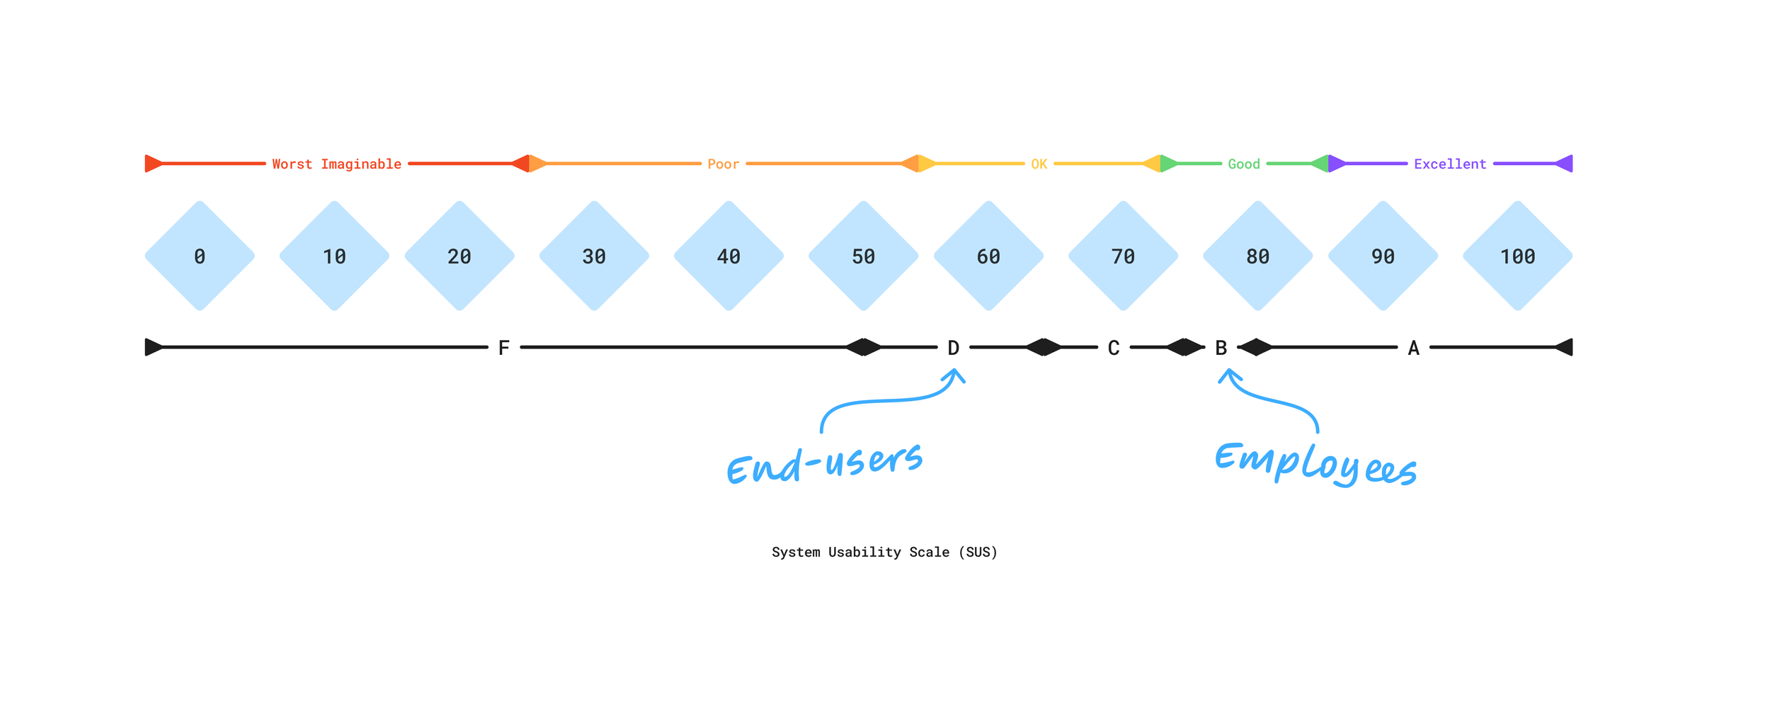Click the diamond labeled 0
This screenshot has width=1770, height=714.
pos(200,256)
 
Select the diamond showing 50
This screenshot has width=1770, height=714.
pos(863,256)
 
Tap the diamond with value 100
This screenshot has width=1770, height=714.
pos(1517,256)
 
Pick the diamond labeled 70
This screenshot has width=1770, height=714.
pos(1123,256)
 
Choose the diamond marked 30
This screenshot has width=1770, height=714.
pos(594,256)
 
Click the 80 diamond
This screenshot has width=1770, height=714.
pos(1257,256)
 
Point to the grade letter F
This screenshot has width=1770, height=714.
pos(503,348)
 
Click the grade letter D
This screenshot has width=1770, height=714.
pos(953,348)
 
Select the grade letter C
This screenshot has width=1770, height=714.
pos(1113,348)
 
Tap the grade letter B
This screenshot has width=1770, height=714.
pos(1221,348)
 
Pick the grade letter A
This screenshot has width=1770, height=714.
pos(1413,348)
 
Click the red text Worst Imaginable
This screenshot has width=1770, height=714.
pos(336,164)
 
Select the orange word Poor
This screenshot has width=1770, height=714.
pos(723,164)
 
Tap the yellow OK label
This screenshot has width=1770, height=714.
pos(1039,164)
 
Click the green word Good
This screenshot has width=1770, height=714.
pos(1243,164)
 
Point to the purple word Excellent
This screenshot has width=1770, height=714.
pos(1449,164)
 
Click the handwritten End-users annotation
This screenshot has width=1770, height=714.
pos(825,464)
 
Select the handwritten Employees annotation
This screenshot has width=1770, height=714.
pos(1315,464)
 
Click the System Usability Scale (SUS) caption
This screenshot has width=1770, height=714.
pos(884,552)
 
